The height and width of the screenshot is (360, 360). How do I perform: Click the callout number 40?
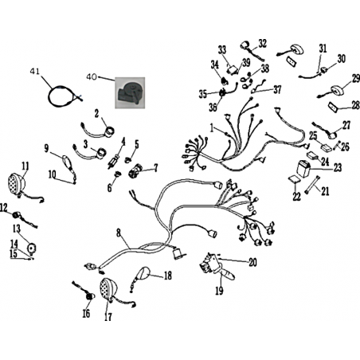92,77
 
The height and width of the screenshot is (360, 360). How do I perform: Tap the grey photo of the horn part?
130,93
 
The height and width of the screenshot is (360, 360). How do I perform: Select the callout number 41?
34,72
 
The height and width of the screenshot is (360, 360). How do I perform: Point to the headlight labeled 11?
16,184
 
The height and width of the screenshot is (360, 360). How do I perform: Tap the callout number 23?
338,168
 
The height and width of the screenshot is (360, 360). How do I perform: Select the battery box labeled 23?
303,168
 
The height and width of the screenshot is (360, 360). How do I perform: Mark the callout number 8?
118,233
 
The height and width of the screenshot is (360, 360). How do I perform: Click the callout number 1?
212,128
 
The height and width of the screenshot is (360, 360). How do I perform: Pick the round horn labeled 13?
33,248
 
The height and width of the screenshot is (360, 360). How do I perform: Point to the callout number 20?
252,262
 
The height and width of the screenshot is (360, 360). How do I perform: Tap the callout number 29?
355,79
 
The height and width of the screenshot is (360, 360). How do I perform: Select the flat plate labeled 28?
332,107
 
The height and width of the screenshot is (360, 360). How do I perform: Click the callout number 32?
262,44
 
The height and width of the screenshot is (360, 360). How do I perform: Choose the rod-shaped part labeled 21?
311,185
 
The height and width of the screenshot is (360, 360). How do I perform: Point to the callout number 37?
277,90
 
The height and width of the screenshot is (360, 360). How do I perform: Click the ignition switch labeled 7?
135,170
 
